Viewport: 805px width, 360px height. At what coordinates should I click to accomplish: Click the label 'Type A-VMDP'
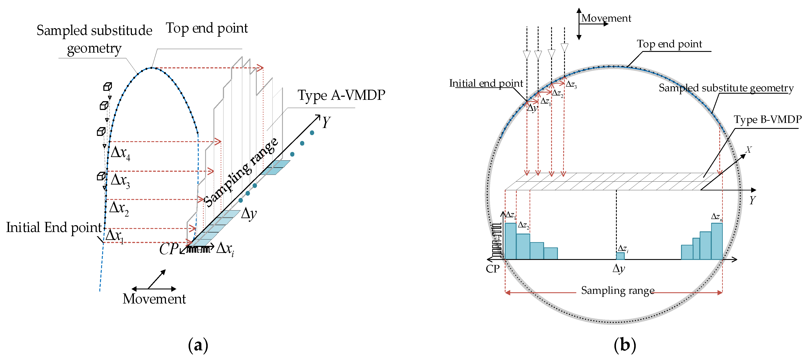[341, 95]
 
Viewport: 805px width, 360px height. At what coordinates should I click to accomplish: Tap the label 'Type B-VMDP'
[767, 120]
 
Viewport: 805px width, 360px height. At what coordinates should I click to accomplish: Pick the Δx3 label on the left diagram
[120, 181]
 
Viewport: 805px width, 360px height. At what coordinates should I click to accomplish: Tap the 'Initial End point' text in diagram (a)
[54, 227]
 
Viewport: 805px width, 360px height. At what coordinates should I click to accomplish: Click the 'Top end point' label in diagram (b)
[669, 44]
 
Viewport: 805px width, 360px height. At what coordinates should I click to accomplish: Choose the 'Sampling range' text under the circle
[617, 291]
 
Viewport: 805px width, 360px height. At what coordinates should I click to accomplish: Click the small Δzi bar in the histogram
[620, 256]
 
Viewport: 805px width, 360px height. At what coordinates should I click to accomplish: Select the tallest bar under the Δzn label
[717, 241]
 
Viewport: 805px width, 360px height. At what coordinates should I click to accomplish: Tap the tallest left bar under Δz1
[510, 241]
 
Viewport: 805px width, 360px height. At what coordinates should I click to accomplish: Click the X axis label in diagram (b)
[749, 150]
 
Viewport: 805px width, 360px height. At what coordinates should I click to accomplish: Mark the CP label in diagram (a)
[169, 249]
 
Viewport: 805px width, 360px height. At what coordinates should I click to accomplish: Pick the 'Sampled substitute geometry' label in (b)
[726, 88]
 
